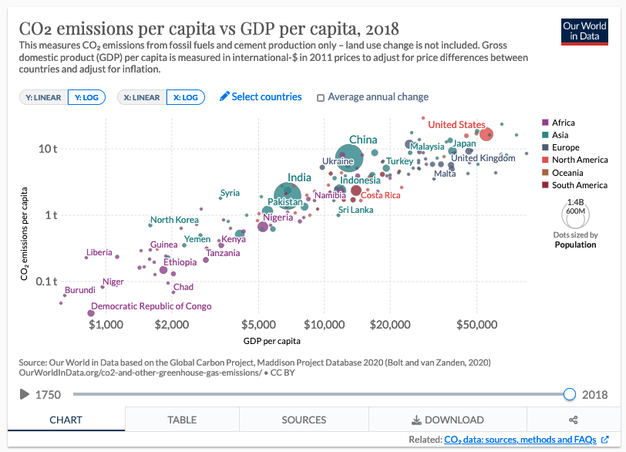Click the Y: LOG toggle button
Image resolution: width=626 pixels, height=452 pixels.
tap(86, 97)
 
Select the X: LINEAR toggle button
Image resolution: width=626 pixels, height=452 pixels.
tap(142, 97)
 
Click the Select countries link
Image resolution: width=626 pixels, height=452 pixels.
tap(261, 96)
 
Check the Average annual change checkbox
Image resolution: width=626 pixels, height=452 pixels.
tap(321, 97)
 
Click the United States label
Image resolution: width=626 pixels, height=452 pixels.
tap(456, 124)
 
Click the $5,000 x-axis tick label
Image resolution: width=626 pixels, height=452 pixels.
tap(259, 324)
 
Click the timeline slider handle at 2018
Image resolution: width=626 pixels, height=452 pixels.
tap(570, 394)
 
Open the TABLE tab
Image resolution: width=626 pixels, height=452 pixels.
tap(182, 420)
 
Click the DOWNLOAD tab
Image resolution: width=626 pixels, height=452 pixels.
tap(448, 420)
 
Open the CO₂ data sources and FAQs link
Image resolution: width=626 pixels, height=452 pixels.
tap(520, 440)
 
